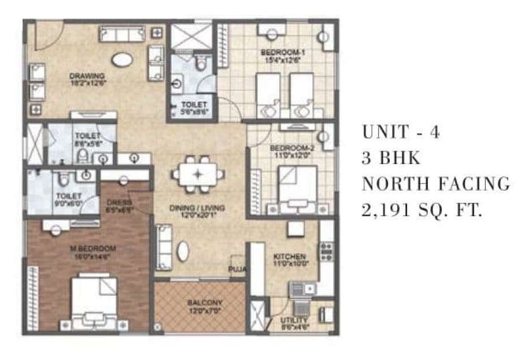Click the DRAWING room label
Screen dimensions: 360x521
87,75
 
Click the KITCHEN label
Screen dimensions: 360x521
290,257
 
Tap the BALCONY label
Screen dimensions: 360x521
205,302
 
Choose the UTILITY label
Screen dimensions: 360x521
295,320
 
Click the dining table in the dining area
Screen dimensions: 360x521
198,173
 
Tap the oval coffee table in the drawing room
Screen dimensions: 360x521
121,60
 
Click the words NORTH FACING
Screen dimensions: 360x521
435,184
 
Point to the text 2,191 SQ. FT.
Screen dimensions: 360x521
422,210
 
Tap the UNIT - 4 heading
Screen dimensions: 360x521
401,132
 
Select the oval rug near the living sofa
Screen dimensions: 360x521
183,251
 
